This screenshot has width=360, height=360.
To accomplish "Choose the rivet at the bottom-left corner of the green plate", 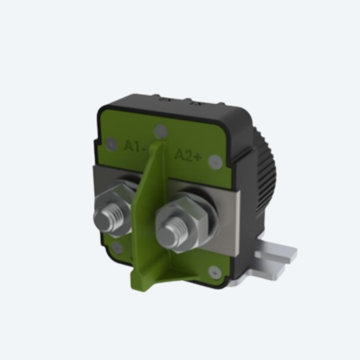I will tap(117, 248).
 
